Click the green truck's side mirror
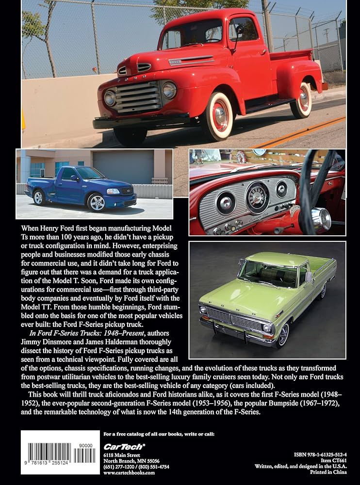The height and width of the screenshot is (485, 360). click(308, 277)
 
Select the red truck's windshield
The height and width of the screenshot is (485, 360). click(192, 33)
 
